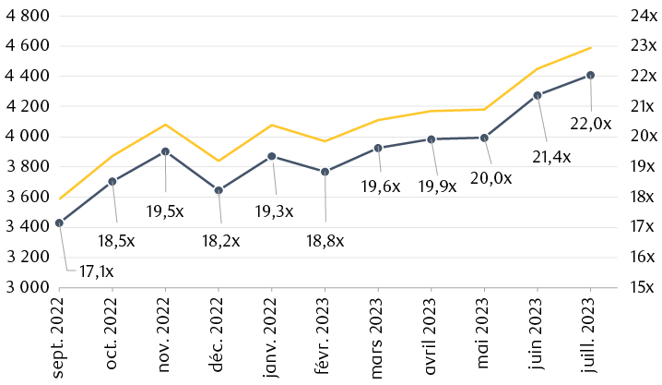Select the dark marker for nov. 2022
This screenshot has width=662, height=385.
pyautogui.click(x=165, y=151)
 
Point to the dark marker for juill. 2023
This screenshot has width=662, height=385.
pyautogui.click(x=590, y=76)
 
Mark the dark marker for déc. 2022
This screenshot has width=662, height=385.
pyautogui.click(x=219, y=190)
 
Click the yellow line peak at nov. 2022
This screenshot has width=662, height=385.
pyautogui.click(x=165, y=125)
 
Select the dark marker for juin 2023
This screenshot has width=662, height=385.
pyautogui.click(x=537, y=95)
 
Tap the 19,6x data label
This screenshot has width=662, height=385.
pyautogui.click(x=381, y=186)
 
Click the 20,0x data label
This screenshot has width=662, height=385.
pyautogui.click(x=492, y=178)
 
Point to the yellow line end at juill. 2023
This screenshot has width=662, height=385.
pyautogui.click(x=590, y=47)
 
